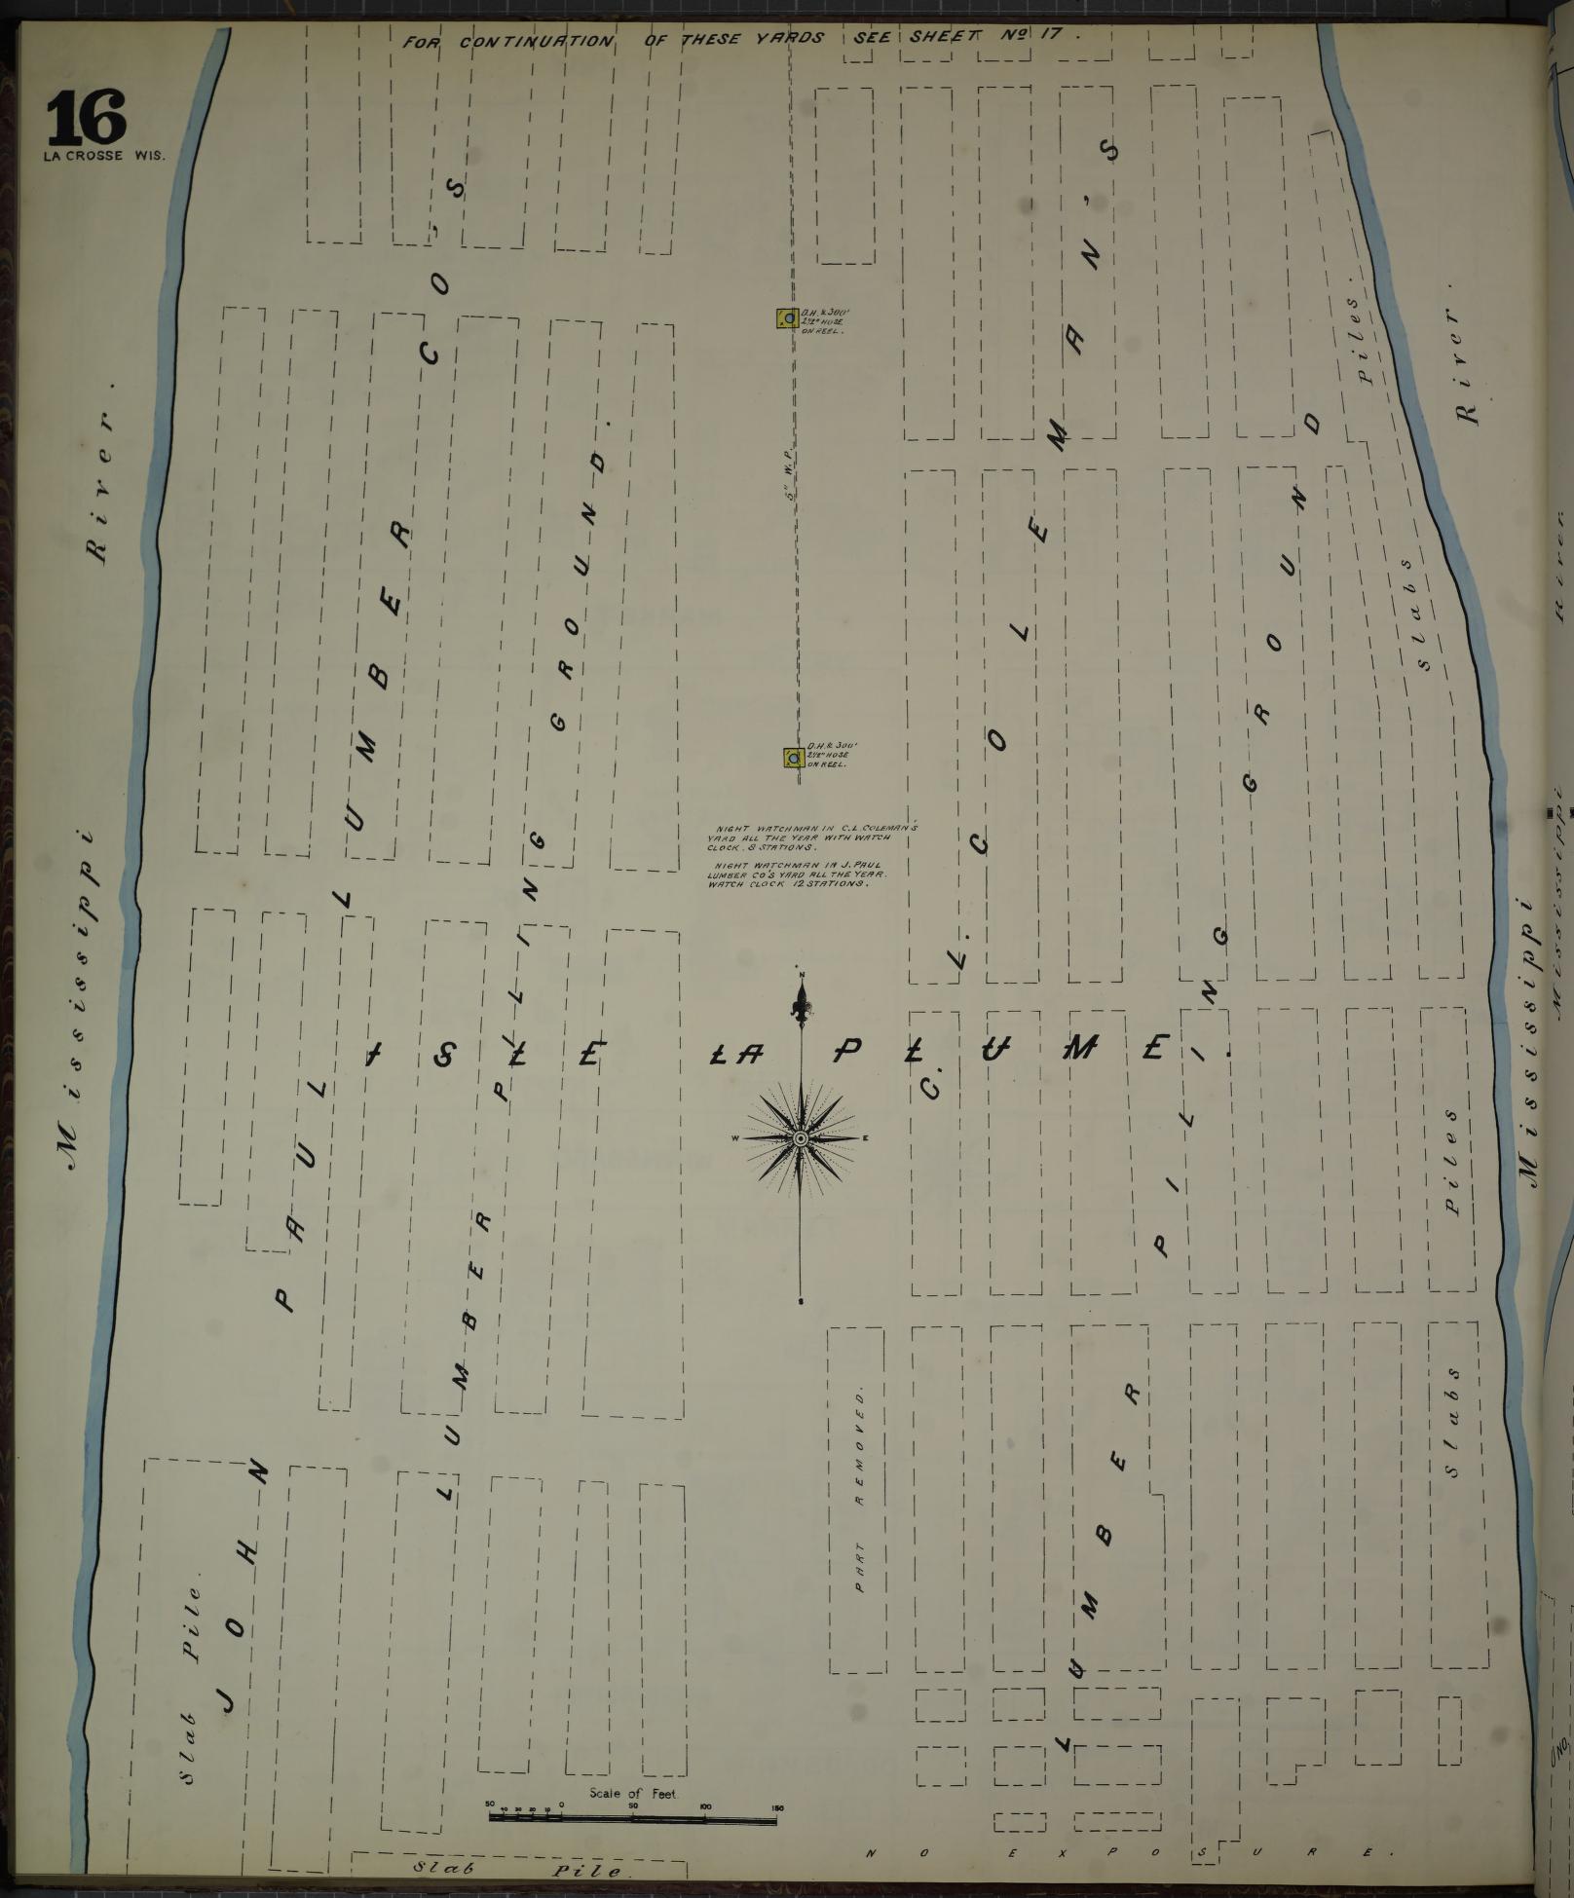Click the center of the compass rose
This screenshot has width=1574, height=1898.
click(x=800, y=1138)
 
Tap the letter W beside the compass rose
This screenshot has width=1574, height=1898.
click(x=736, y=1138)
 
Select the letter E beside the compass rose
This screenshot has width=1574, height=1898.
click(x=865, y=1138)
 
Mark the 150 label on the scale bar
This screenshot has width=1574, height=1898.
click(x=776, y=1807)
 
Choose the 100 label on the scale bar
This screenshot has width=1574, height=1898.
click(x=705, y=1807)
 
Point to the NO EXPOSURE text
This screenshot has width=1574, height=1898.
click(x=1120, y=1852)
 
